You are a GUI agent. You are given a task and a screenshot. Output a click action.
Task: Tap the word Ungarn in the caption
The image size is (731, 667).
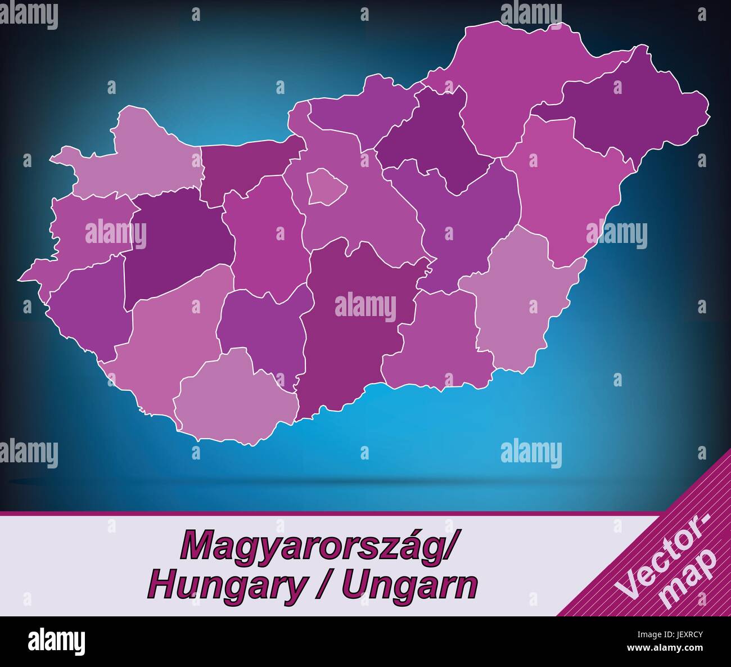[410, 585]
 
